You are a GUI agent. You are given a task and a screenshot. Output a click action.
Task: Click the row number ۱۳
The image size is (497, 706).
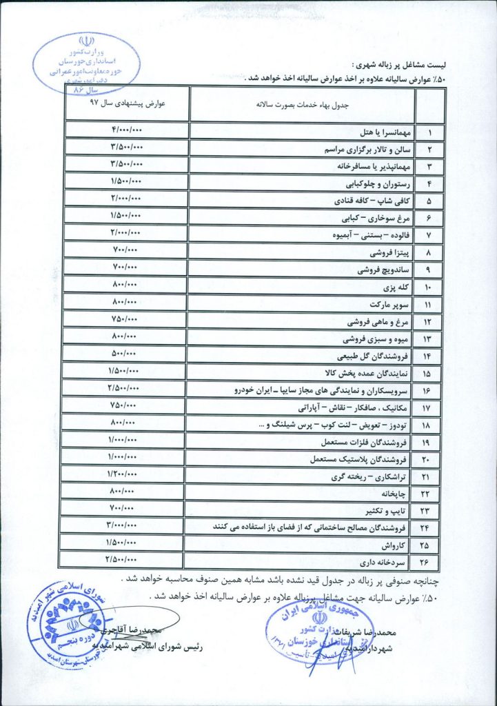pyautogui.click(x=429, y=339)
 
